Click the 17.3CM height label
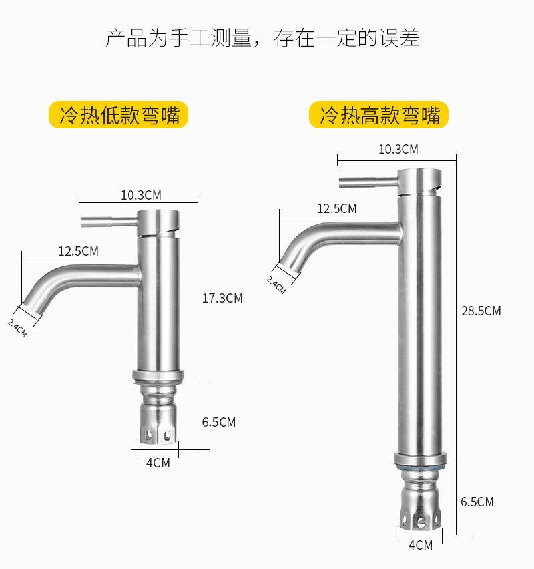coord(222,298)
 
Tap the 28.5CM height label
coord(481,311)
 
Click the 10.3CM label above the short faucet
coord(141,195)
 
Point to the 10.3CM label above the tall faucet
coord(398,149)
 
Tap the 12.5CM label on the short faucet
coord(78,251)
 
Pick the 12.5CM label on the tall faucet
coord(336,208)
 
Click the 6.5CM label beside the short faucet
coord(219,422)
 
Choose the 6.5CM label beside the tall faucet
coord(477,501)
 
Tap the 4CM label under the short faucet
coord(158,462)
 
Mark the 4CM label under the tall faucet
coord(420,544)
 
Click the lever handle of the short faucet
coord(107,222)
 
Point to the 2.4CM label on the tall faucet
coord(276,284)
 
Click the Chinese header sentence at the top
coord(263,37)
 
